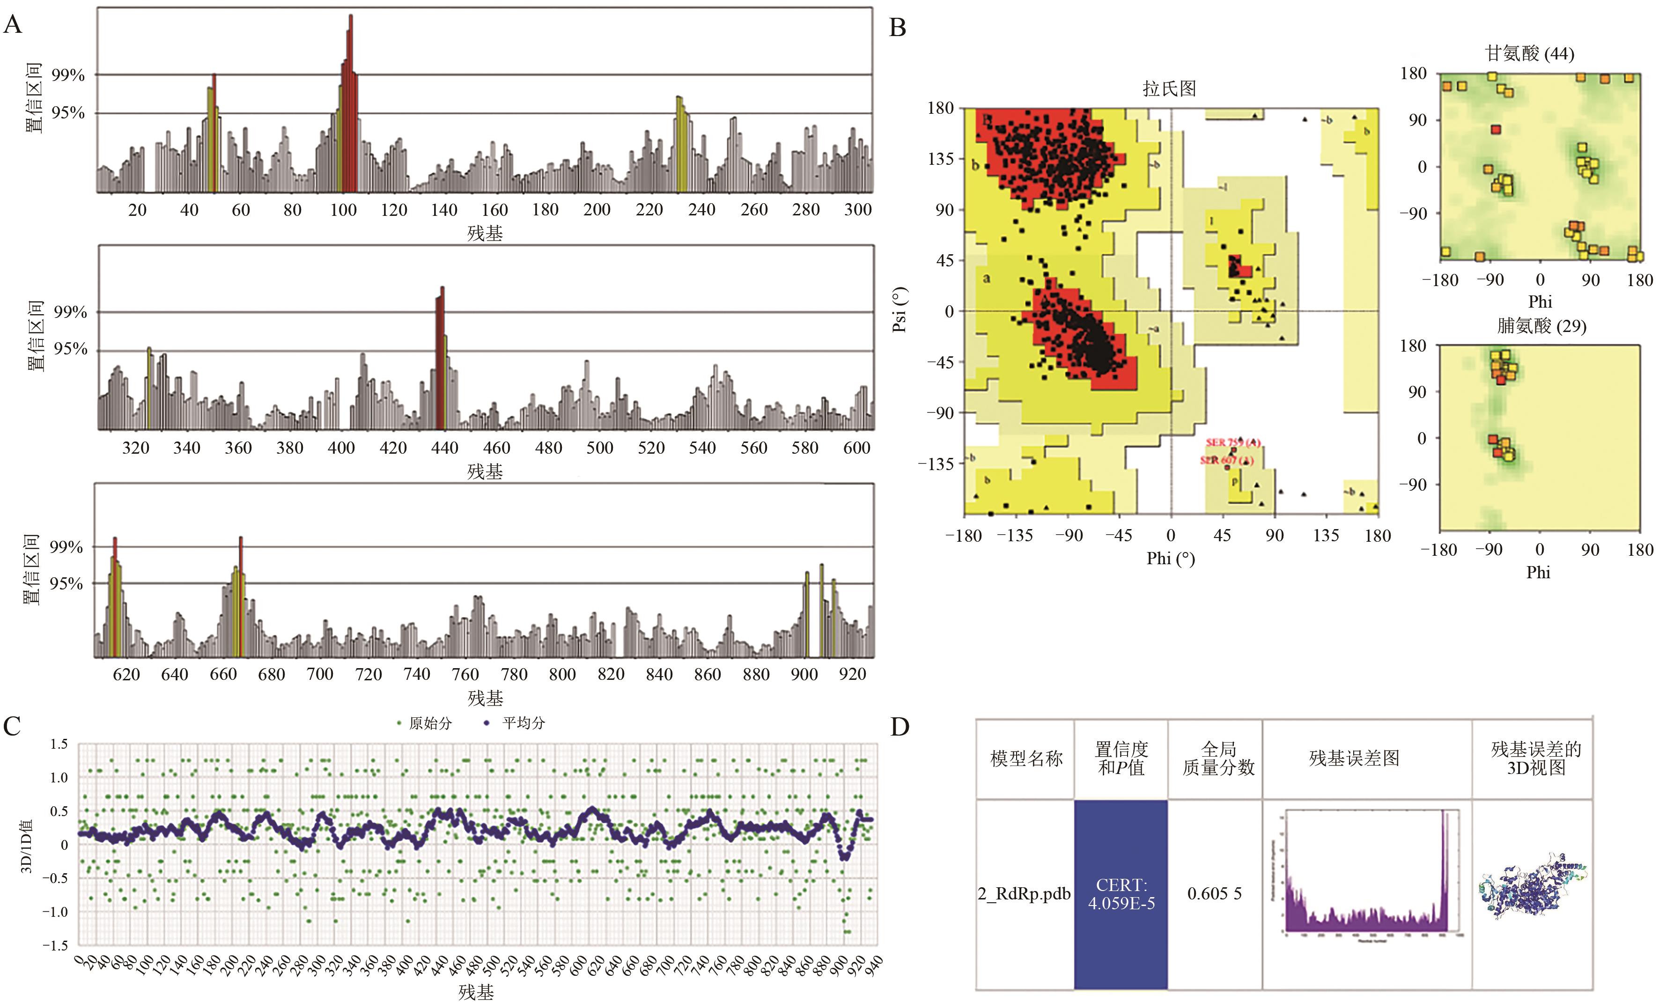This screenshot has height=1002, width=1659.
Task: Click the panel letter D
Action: [900, 727]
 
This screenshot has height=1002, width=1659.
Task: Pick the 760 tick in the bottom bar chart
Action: [465, 675]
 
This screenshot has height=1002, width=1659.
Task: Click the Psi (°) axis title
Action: [900, 310]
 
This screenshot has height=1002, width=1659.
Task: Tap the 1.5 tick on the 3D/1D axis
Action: [59, 744]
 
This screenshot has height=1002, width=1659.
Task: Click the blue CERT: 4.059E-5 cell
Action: [1121, 894]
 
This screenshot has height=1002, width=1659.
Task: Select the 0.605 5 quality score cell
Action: [1215, 894]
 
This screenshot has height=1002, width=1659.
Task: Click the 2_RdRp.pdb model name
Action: [1024, 894]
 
